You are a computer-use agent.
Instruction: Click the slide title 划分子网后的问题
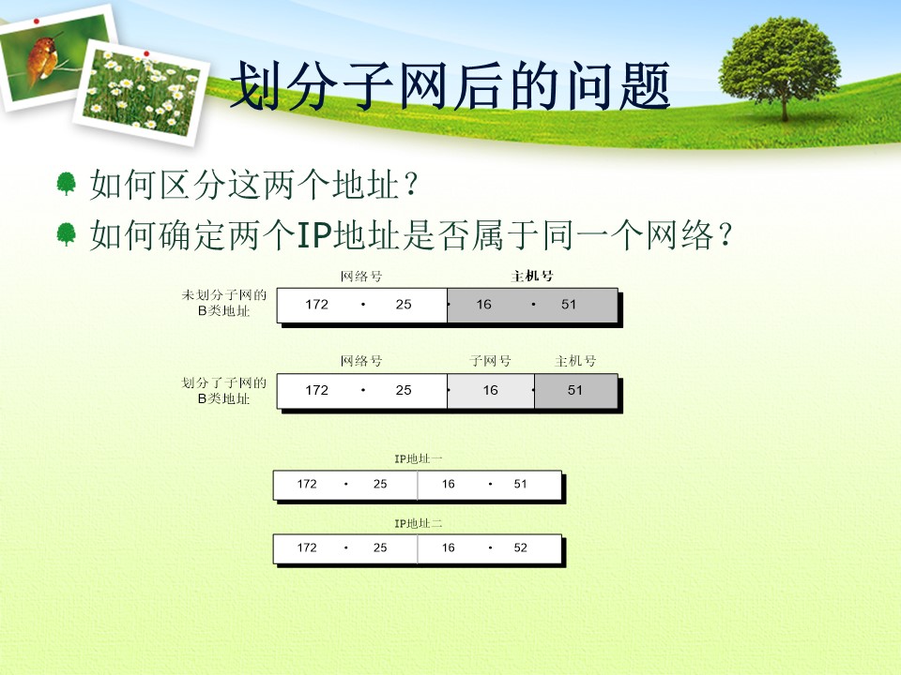[450, 86]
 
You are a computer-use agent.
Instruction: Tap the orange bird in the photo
[44, 57]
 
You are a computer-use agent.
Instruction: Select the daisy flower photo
[142, 92]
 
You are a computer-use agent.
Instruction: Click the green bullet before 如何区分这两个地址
[66, 184]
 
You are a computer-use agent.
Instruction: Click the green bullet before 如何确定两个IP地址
[66, 234]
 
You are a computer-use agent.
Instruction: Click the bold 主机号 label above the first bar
[531, 276]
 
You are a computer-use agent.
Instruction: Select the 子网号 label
[490, 361]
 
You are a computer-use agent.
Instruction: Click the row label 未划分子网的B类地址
[223, 303]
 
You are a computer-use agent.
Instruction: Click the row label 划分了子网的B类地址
[223, 390]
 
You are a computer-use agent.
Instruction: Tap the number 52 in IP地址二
[520, 547]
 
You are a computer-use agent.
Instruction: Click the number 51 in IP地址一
[520, 484]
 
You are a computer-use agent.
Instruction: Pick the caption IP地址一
[418, 458]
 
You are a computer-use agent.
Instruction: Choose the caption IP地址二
[418, 523]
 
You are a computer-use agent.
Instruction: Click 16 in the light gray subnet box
[490, 390]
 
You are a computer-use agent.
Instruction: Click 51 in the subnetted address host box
[574, 390]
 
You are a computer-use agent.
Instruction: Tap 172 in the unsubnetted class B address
[316, 304]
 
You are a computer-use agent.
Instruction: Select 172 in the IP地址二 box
[307, 547]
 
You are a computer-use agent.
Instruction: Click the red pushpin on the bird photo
[37, 22]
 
